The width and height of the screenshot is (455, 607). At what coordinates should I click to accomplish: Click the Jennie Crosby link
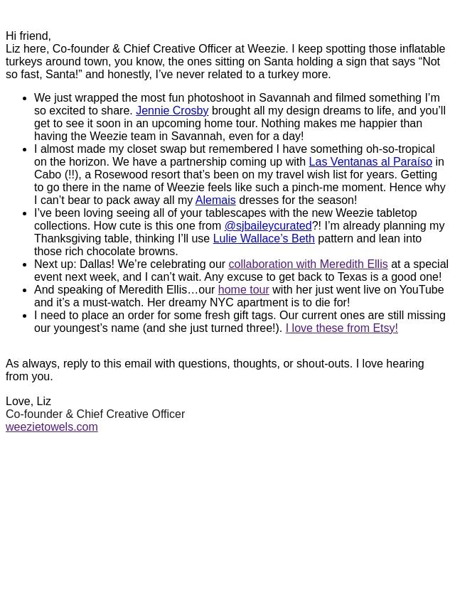172,111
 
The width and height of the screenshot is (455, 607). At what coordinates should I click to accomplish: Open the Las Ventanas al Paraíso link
370,162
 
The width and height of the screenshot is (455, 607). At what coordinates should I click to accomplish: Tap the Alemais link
215,200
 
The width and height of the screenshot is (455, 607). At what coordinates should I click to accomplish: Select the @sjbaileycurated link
268,226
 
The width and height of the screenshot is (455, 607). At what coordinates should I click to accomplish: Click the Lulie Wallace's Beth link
263,239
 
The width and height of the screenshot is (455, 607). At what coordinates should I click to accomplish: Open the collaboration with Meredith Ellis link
308,264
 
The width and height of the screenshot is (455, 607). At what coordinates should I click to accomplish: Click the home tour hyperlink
243,290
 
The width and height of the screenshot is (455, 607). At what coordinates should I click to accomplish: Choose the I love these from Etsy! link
341,328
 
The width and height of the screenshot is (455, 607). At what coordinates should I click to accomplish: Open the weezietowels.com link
51,427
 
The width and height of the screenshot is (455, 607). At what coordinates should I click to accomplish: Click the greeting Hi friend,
28,36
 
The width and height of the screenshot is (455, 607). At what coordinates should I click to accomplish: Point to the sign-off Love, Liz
28,402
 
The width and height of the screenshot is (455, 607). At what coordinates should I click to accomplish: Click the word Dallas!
97,264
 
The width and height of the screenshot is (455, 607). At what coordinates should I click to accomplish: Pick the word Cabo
48,175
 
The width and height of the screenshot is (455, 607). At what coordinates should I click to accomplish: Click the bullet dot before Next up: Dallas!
25,264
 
